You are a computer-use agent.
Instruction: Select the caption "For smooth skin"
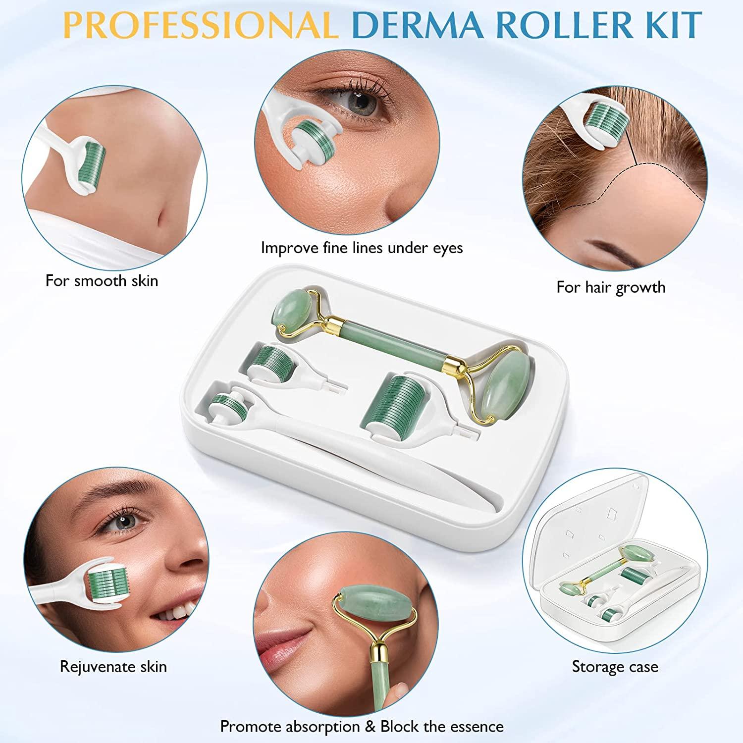pyautogui.click(x=102, y=281)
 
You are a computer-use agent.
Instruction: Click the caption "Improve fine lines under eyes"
pyautogui.click(x=362, y=248)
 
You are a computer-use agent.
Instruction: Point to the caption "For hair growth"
pyautogui.click(x=611, y=287)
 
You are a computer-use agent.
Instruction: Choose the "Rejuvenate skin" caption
pyautogui.click(x=113, y=666)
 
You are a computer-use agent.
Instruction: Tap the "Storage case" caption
pyautogui.click(x=615, y=666)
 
